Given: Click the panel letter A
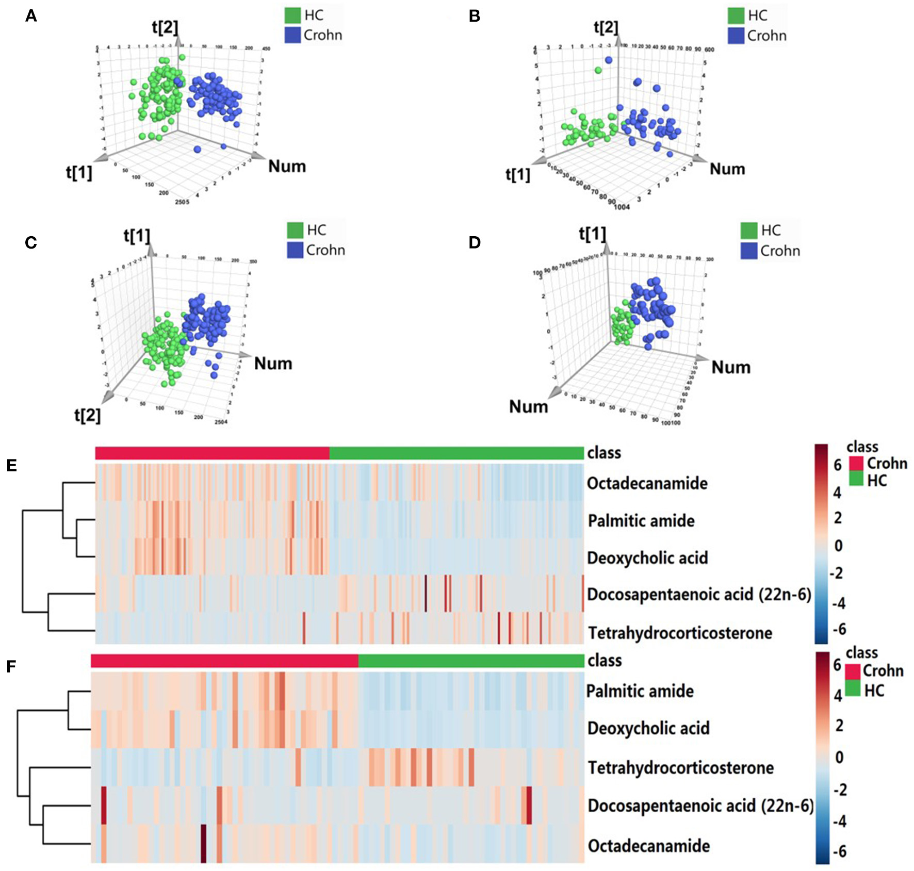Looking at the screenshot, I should pos(31,17).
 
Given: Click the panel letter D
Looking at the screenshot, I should pos(474,242).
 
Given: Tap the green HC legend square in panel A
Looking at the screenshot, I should pos(292,15).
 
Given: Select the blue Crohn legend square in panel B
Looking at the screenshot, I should pos(736,36).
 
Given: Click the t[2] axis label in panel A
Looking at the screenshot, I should pos(165,27).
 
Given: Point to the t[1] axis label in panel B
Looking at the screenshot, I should pos(517,175).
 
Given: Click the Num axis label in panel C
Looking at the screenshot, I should pos(273,364).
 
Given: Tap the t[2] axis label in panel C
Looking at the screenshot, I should pos(87,415).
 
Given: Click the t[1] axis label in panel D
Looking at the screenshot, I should pos(592,234).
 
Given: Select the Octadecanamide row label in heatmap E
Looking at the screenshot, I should pos(647,483).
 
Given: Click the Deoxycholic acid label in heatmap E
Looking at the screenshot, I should pos(647,557).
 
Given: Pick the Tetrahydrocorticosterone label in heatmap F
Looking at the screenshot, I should pos(680,767).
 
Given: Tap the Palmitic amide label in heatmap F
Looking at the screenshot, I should pos(640,691).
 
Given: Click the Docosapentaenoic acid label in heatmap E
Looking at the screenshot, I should pos(699,595).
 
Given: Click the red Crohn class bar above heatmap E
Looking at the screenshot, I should pos(212,453).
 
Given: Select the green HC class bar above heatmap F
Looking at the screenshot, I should pos(470,661).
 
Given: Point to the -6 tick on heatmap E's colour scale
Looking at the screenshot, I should pos(839,629).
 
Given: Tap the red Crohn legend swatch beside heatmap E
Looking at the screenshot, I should pos(856,463).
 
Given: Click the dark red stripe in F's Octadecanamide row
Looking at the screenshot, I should pos(203,843).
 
